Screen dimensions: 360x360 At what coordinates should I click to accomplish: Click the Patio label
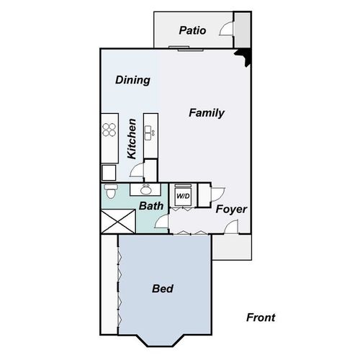(x=192, y=31)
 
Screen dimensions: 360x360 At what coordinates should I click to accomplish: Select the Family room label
(x=207, y=113)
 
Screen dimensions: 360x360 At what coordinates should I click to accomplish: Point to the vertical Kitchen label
(x=132, y=139)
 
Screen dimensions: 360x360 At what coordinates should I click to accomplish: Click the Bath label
(x=151, y=206)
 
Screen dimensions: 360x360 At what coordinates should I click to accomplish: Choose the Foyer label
(x=231, y=210)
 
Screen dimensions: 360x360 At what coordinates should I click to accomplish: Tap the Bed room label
(x=163, y=289)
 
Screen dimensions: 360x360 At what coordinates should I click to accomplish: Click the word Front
(x=260, y=318)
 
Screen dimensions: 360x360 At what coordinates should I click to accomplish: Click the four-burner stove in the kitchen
(x=109, y=130)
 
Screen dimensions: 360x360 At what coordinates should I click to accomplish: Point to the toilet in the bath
(x=109, y=193)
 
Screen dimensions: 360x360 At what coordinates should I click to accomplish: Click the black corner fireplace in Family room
(x=246, y=56)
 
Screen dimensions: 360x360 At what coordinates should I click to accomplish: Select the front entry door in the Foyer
(x=233, y=228)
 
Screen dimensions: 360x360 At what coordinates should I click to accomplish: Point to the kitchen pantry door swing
(x=136, y=171)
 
